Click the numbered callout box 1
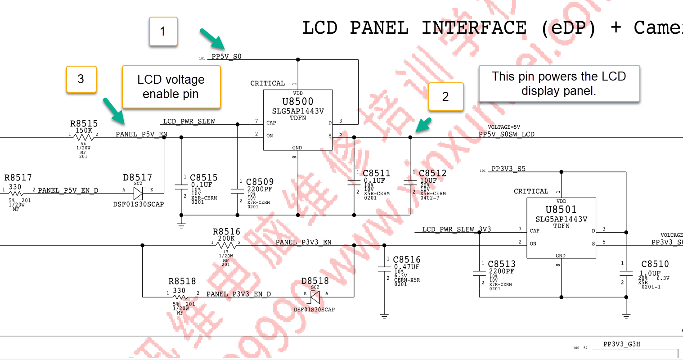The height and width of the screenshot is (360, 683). pos(163,31)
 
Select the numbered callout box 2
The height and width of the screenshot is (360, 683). pos(445,96)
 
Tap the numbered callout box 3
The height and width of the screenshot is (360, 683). pos(81,79)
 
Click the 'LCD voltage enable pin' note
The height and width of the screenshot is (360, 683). pos(171,87)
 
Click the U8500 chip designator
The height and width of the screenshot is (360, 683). pos(297,102)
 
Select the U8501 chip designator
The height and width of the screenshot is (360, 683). pos(561,210)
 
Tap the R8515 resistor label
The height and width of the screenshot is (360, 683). pos(84,124)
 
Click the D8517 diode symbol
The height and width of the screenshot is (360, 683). pos(138,193)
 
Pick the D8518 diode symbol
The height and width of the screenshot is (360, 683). pos(315,297)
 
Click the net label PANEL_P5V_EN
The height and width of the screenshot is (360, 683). pos(141,134)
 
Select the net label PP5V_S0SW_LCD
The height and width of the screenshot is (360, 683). pos(506,134)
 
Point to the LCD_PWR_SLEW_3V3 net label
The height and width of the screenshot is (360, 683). pos(456,229)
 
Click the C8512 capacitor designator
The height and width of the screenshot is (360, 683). pos(432,173)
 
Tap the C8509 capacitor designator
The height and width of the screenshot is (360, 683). pos(260,182)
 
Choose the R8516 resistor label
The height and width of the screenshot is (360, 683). pos(226,232)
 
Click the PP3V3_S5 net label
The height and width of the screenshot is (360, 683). pos(508,169)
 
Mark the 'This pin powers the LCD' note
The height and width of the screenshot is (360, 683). pos(559,84)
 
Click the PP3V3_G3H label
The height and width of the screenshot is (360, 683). pos(621,344)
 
